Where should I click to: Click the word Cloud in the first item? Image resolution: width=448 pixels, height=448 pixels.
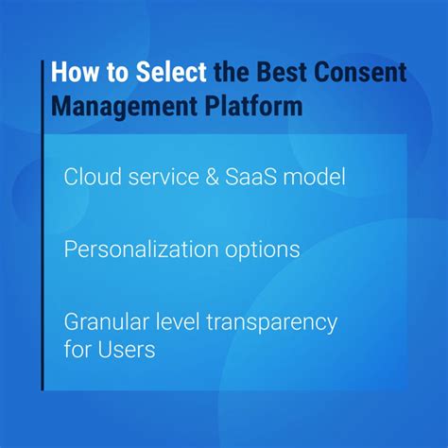coord(88,178)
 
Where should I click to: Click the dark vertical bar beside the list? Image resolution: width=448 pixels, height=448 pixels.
coord(43,236)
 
